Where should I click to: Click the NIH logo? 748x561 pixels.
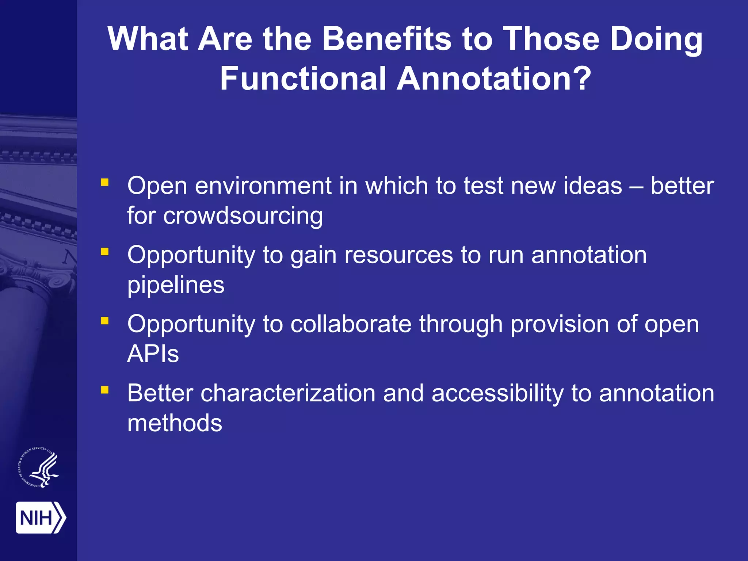41,517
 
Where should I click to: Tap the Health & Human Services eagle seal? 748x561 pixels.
39,467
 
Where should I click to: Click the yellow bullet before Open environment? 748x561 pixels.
105,182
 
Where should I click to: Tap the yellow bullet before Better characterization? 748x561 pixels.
105,390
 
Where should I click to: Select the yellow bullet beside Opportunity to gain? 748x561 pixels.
105,251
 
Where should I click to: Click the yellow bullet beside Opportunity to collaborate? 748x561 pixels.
105,321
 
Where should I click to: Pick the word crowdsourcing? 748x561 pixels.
243,216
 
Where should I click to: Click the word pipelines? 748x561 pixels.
176,285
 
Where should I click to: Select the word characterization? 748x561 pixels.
288,393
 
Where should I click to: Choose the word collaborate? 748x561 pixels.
351,324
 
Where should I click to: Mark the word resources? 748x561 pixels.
398,255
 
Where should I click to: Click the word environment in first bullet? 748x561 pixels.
263,186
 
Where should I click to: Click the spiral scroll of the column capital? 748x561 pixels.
58,281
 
